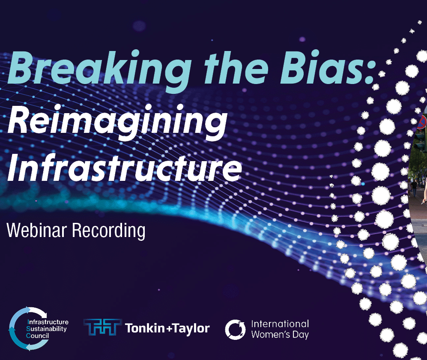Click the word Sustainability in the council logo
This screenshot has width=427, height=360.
click(46, 329)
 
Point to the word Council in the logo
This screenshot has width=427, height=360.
click(37, 336)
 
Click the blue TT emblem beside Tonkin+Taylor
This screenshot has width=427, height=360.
click(102, 327)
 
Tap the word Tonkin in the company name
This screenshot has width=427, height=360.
click(145, 328)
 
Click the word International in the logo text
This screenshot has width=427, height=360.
click(280, 324)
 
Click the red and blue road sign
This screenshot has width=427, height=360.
click(423, 122)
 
